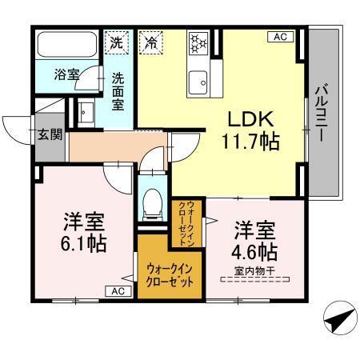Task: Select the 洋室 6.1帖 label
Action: click(86, 232)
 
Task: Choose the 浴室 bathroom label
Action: click(66, 75)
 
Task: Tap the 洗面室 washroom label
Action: click(118, 92)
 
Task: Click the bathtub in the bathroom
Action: click(68, 46)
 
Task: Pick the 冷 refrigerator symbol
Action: click(150, 42)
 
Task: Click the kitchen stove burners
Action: click(198, 45)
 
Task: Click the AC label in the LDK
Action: click(282, 37)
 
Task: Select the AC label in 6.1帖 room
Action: click(118, 291)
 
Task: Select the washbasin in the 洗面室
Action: click(86, 113)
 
